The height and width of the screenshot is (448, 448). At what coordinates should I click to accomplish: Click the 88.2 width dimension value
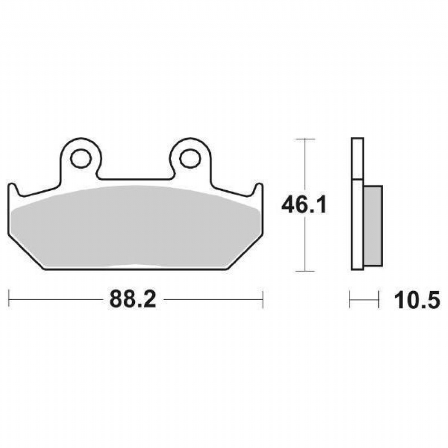click(133, 299)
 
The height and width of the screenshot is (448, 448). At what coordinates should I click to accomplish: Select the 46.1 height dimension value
click(304, 205)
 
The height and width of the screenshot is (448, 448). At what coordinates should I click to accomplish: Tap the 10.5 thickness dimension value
click(417, 300)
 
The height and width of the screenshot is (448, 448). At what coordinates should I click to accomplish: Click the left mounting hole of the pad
click(81, 158)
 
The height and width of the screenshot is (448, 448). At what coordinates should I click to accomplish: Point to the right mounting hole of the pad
click(190, 158)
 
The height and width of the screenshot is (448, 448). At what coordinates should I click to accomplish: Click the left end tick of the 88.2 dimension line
click(9, 299)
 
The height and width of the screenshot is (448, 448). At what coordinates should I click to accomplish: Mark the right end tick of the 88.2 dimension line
click(263, 299)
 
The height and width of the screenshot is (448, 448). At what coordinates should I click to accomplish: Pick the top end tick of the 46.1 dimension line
click(305, 139)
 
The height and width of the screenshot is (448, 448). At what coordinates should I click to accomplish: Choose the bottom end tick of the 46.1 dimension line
click(305, 271)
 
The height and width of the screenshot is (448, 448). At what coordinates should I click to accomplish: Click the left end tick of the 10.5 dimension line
click(350, 299)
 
